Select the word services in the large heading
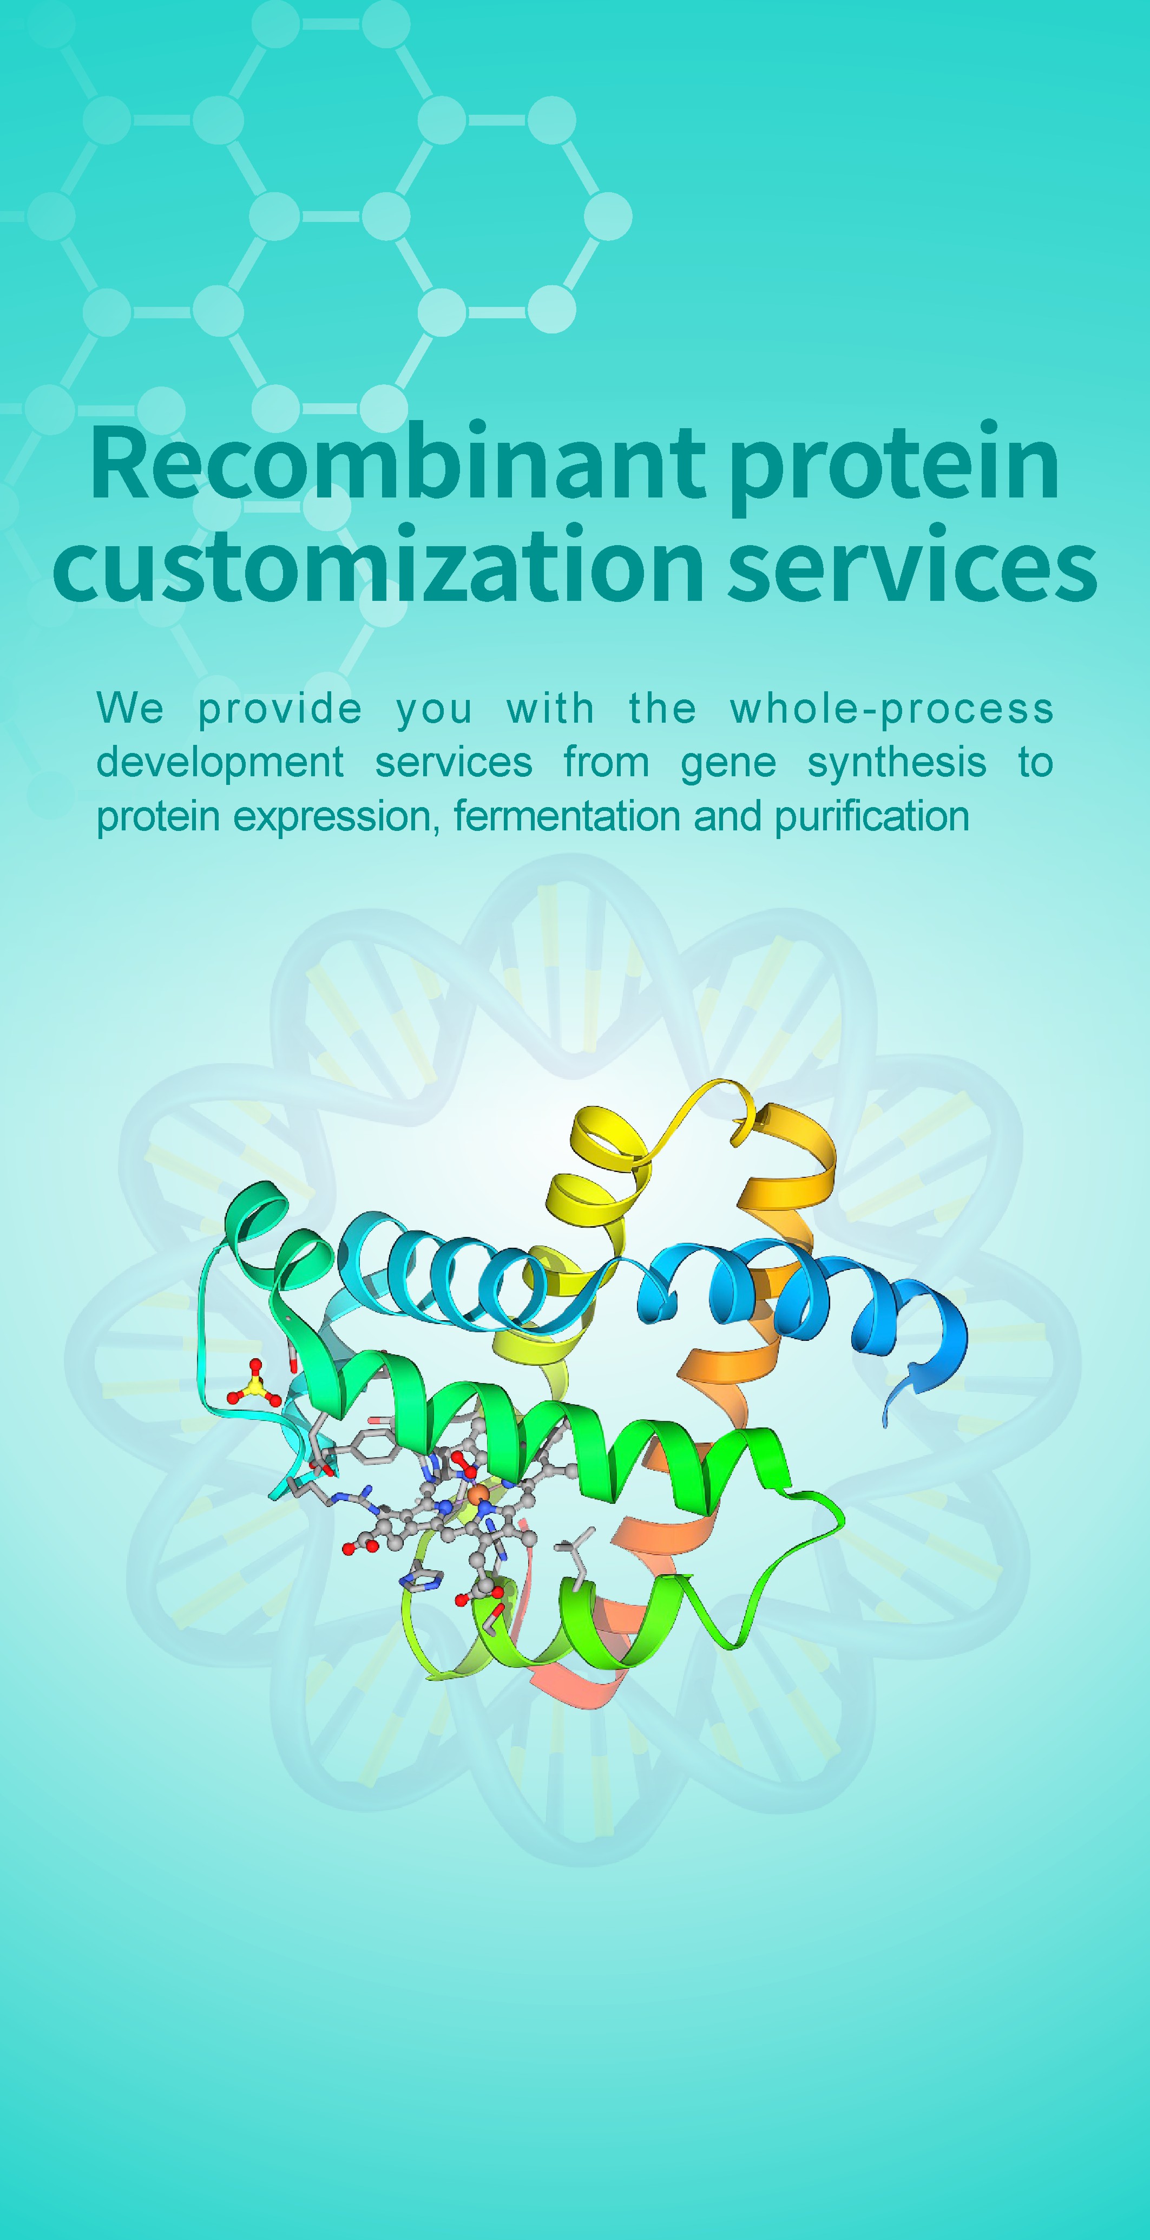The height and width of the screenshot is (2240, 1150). [913, 567]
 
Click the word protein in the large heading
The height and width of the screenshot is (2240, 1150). [895, 469]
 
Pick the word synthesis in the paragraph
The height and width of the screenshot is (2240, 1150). [897, 764]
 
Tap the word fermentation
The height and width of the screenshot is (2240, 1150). [566, 816]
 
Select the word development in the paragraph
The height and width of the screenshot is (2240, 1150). [220, 763]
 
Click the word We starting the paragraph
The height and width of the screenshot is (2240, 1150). [129, 708]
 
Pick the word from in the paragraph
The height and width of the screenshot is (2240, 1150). [607, 763]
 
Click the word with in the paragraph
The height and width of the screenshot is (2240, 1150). [550, 708]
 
